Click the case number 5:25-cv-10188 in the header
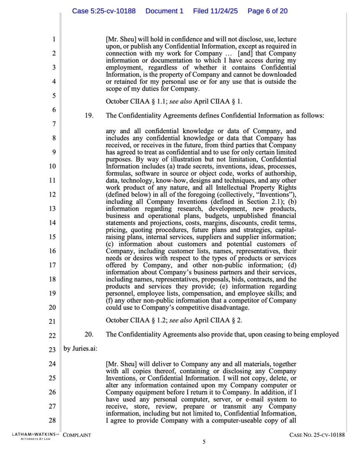click(x=104, y=11)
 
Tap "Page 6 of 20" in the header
click(x=267, y=11)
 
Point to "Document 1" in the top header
click(x=164, y=11)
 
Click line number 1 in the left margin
click(x=54, y=39)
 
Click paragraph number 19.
click(x=89, y=116)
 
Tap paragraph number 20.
click(x=89, y=335)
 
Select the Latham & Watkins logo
click(x=33, y=436)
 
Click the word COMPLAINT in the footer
click(x=77, y=435)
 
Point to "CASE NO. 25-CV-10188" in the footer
click(x=317, y=435)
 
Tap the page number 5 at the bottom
click(x=204, y=442)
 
